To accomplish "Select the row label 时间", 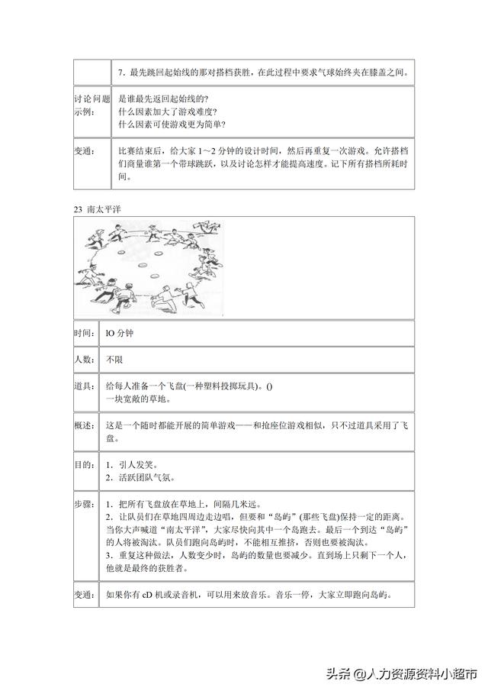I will coord(85,333).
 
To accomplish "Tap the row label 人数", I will coord(85,358).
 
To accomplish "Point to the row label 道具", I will coord(85,386).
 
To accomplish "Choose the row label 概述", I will coord(85,425).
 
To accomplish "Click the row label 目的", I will coord(85,464).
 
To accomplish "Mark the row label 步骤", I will coord(85,505).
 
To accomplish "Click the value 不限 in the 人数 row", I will coord(114,358).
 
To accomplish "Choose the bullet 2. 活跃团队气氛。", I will coord(141,478).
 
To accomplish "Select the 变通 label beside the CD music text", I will coord(85,595).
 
